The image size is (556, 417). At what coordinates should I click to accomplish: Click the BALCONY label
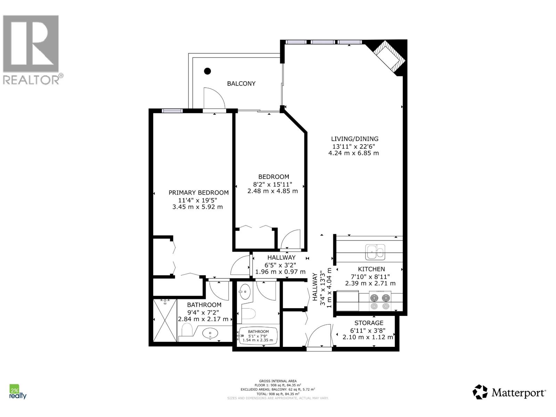coord(241,83)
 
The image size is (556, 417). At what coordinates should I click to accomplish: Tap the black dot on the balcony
coord(207,71)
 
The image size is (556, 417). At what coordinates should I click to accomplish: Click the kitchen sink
coord(375,252)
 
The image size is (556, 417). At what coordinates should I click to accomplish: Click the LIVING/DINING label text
coord(354,139)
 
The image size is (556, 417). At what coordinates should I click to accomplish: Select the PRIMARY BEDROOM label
coord(198,193)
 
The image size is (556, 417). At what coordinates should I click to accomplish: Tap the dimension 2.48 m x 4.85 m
coord(272,191)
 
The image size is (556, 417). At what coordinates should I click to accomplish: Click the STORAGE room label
coord(369,323)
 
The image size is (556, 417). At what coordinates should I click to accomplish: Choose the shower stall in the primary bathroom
coord(165,320)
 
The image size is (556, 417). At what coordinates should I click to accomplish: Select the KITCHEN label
coord(371,269)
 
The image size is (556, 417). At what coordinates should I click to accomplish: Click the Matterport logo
coord(509,392)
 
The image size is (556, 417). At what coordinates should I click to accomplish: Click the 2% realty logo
coord(17,392)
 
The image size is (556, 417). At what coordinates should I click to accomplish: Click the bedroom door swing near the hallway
coord(291,239)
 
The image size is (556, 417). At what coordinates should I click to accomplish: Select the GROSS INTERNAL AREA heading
coord(278,381)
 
